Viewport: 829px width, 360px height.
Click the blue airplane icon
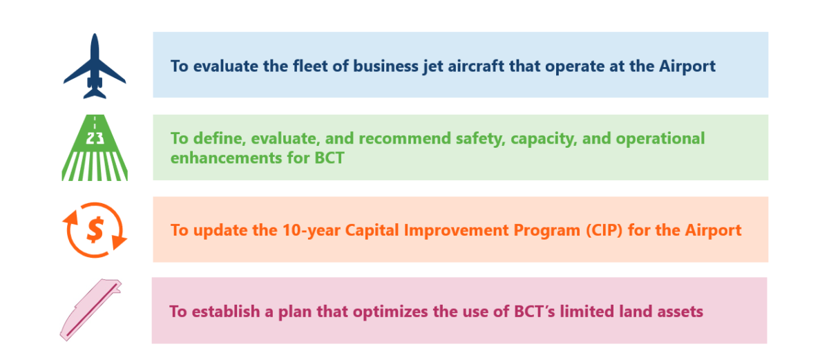pyautogui.click(x=95, y=66)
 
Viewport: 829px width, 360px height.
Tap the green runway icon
pyautogui.click(x=94, y=148)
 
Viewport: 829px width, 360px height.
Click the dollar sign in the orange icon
pyautogui.click(x=95, y=229)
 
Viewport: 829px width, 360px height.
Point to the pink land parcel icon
pyautogui.click(x=90, y=310)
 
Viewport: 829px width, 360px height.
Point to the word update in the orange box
pyautogui.click(x=215, y=230)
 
